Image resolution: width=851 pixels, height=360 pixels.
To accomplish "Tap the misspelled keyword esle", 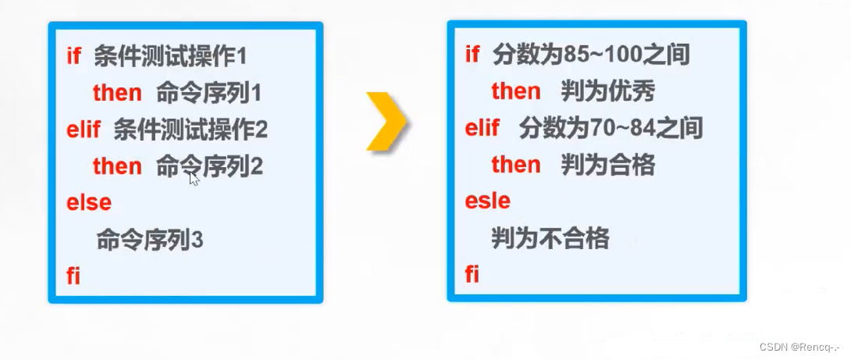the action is coord(487,201).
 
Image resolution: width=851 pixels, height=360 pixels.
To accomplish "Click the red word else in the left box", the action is coord(88,202).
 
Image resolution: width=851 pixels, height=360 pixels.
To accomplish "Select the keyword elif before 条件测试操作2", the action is coord(84,130).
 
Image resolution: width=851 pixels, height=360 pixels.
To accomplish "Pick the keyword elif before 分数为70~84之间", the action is coord(482,128).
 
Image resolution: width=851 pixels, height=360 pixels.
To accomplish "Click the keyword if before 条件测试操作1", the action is coord(74,56).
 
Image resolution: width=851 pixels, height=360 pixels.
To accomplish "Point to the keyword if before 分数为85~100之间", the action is coord(472,55).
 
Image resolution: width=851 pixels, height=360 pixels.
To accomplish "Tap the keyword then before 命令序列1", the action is coord(117,93).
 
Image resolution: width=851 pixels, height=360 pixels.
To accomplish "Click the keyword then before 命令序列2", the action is coord(117,166).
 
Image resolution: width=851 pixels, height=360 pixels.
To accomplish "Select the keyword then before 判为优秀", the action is coord(516,91).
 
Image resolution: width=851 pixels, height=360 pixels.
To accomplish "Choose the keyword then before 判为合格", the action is coord(516,165).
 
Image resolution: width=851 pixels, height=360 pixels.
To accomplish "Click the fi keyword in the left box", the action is coord(73,276).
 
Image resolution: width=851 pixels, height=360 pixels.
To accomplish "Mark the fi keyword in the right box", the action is coord(472,274).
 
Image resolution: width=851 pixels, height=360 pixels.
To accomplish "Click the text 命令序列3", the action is coord(150,239).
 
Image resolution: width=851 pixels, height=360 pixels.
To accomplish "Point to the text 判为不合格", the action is coord(550,237).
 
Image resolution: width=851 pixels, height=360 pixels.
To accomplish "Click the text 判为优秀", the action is coord(607,91).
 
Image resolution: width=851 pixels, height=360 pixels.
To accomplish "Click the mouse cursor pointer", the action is coord(194,179).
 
